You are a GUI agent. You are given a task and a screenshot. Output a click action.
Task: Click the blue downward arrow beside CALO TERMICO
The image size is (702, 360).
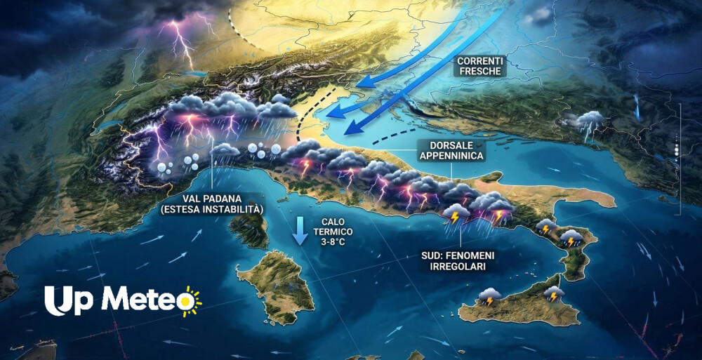click(300, 231)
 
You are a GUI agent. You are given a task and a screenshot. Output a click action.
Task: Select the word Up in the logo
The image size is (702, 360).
click(68, 300)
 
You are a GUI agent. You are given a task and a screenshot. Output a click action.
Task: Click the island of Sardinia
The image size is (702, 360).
click(275, 288)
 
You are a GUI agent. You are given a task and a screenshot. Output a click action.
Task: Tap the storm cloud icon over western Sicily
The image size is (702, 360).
click(489, 296)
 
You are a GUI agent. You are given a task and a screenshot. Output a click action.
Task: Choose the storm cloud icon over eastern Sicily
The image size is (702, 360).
click(554, 293)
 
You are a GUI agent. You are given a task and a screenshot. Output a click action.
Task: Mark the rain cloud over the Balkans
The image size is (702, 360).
click(589, 121)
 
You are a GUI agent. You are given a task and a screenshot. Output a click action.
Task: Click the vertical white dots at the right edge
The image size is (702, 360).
click(676, 149)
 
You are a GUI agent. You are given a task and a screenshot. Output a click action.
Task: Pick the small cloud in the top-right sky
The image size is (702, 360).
click(541, 15)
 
